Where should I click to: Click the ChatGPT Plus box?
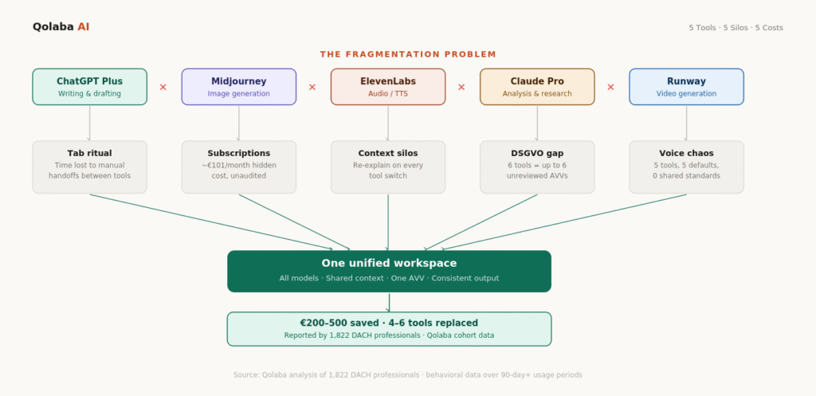[89, 86]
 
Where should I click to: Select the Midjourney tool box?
[238, 86]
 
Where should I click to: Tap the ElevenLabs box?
[388, 86]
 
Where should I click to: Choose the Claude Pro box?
[537, 86]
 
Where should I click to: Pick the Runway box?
[686, 86]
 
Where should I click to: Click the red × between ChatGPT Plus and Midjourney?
[163, 87]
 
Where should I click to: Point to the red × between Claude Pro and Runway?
[611, 87]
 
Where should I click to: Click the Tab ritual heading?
[89, 153]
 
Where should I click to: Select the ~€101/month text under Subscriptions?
[238, 165]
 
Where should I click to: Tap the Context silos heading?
[388, 153]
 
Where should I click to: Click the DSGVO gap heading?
[537, 153]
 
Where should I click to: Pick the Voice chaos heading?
[686, 153]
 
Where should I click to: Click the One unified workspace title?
[389, 263]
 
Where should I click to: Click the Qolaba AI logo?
[61, 27]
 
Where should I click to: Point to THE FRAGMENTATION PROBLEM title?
[408, 54]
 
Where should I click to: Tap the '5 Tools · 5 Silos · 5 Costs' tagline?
[736, 28]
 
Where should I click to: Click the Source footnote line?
[408, 374]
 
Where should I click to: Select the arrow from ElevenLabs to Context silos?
[388, 123]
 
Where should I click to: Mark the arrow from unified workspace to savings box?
[389, 302]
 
